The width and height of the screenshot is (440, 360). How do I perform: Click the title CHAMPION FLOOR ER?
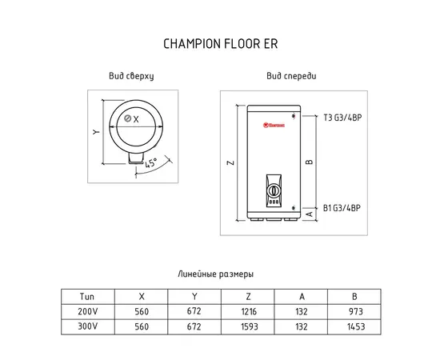(x=221, y=44)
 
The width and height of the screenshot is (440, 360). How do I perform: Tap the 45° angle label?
(x=150, y=162)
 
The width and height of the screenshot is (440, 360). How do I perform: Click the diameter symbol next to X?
(x=128, y=118)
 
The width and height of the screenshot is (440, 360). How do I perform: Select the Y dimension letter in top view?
(x=96, y=131)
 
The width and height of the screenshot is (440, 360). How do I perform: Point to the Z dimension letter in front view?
(x=230, y=162)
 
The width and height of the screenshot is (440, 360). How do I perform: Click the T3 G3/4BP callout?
(x=342, y=118)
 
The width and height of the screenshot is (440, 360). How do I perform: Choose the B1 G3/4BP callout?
(x=342, y=208)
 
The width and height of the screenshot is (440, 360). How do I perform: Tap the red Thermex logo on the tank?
(x=274, y=125)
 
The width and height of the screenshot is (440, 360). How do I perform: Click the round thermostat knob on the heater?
(x=273, y=191)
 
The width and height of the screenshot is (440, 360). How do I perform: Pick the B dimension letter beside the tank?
(x=310, y=162)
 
